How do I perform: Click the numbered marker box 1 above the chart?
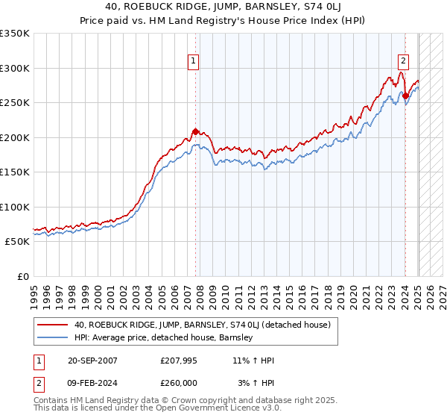tap(193, 61)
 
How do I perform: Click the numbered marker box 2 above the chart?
tap(403, 61)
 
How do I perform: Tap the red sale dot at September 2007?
tap(195, 132)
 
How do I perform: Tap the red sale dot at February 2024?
tap(405, 96)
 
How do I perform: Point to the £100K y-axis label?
tap(15, 207)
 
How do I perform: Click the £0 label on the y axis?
tap(22, 276)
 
